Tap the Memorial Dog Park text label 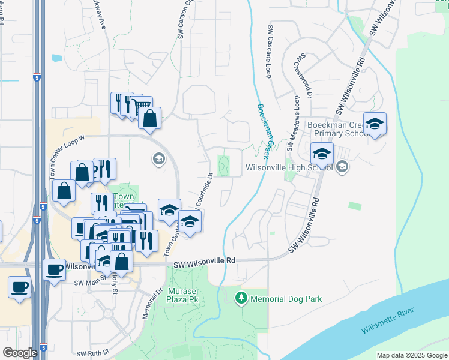pos(286,299)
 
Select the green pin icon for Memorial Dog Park pos(241,298)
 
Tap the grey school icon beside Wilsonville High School pos(342,167)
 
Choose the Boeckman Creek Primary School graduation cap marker pos(375,124)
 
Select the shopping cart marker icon pos(142,107)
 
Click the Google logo pos(20,353)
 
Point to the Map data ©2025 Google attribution pos(411,355)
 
